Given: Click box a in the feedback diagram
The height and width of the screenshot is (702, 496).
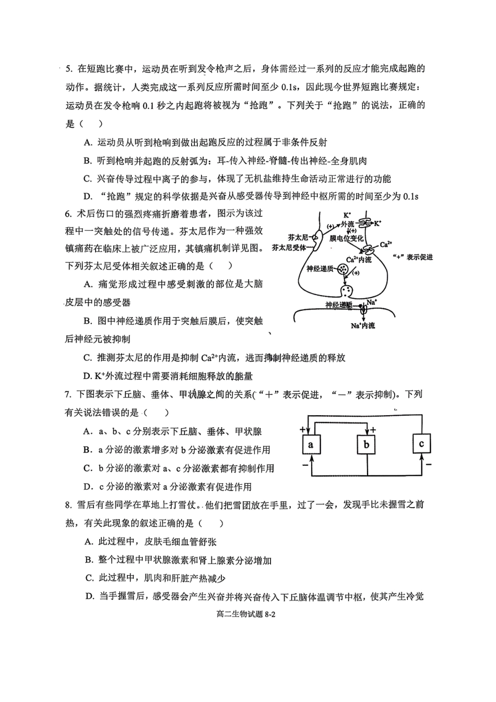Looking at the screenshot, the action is (x=311, y=445).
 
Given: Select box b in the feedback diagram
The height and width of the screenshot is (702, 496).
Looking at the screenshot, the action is (x=367, y=445).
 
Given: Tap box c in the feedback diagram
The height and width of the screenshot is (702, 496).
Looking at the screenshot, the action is (x=421, y=444).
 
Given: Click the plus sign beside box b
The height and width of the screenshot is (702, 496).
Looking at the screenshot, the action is (x=374, y=429).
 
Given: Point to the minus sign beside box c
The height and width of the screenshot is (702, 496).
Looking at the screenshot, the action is (x=428, y=463).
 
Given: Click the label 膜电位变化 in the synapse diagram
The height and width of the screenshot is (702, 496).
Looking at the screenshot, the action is (x=346, y=238).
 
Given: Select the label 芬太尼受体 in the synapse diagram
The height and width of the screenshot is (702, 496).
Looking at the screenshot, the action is (x=290, y=248).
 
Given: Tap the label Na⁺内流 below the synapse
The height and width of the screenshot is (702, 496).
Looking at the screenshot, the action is (x=363, y=326).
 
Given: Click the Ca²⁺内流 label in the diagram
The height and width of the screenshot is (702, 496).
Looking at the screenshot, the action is (x=359, y=260).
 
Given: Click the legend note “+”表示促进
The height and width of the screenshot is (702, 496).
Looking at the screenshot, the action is (x=412, y=257).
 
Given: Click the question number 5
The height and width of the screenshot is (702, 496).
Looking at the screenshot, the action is (x=68, y=68).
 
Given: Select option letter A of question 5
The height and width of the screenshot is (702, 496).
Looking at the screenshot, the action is (x=87, y=142).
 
